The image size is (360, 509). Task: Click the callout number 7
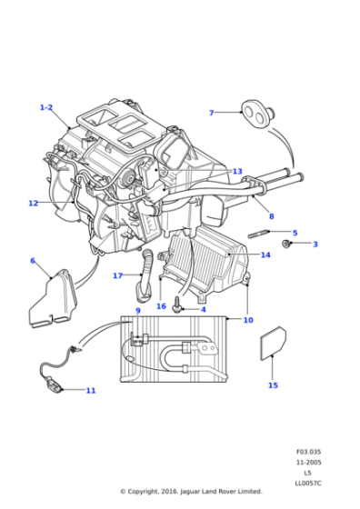pyautogui.click(x=211, y=113)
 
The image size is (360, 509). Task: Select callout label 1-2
pyautogui.click(x=46, y=107)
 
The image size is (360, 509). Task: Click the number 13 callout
pyautogui.click(x=237, y=171)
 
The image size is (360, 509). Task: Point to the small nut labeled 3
pyautogui.click(x=286, y=244)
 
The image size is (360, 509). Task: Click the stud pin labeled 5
pyautogui.click(x=258, y=233)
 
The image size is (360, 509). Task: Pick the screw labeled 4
pyautogui.click(x=178, y=304)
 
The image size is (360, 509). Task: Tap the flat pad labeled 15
pyautogui.click(x=274, y=344)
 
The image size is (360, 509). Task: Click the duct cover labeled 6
pyautogui.click(x=54, y=299)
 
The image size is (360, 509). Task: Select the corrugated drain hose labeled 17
pyautogui.click(x=145, y=274)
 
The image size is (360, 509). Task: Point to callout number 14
pyautogui.click(x=265, y=254)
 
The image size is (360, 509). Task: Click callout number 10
pyautogui.click(x=248, y=320)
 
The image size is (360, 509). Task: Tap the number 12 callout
pyautogui.click(x=33, y=204)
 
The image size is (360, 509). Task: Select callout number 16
pyautogui.click(x=161, y=306)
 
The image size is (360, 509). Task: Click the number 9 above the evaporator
pyautogui.click(x=138, y=311)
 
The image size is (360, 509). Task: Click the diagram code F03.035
pyautogui.click(x=308, y=452)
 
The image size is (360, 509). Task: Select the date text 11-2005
pyautogui.click(x=308, y=462)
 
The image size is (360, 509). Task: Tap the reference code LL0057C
pyautogui.click(x=308, y=484)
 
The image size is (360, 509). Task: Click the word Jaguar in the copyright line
pyautogui.click(x=191, y=492)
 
